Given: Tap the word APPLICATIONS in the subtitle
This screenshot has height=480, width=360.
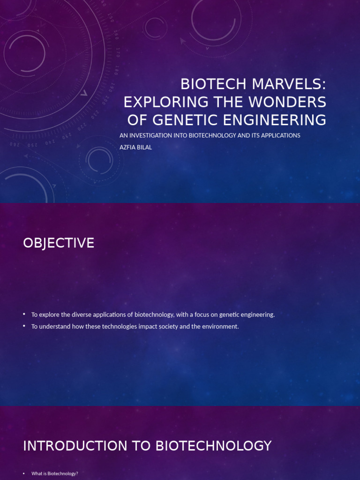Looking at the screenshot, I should coord(277,135).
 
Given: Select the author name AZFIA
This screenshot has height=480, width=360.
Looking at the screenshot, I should coord(129,147).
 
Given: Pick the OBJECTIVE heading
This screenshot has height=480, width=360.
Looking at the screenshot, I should coord(59,243).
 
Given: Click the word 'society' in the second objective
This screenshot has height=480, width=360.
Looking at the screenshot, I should coord(169,326).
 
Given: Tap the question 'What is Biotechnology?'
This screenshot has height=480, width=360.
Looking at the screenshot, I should coord(54,474).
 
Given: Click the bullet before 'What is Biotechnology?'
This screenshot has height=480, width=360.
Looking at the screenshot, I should coord(24,474).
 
